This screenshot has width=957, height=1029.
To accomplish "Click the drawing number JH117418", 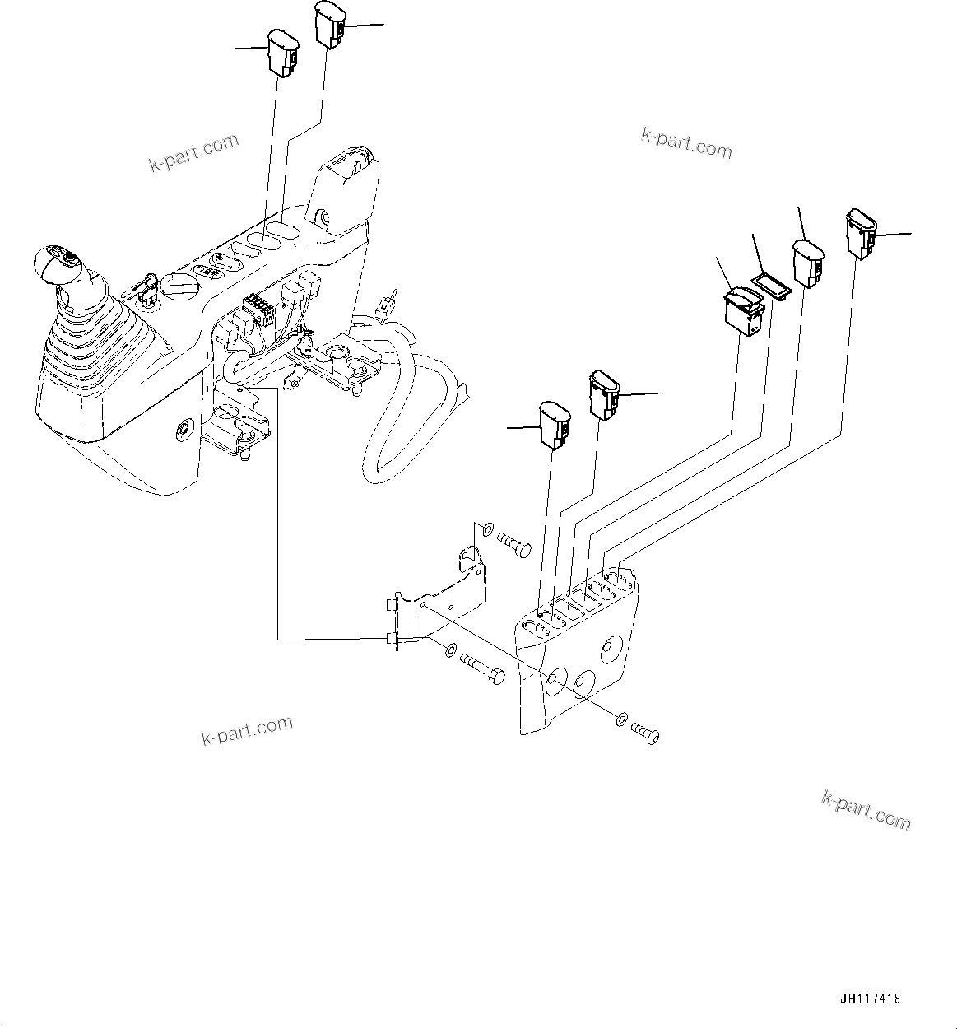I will tap(870, 999).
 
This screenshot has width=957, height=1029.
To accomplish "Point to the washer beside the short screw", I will tap(621, 718).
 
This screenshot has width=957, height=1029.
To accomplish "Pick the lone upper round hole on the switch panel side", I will tap(611, 649).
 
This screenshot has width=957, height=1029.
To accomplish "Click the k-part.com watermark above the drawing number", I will tap(866, 808).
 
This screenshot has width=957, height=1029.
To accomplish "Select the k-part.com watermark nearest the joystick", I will tap(193, 152).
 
